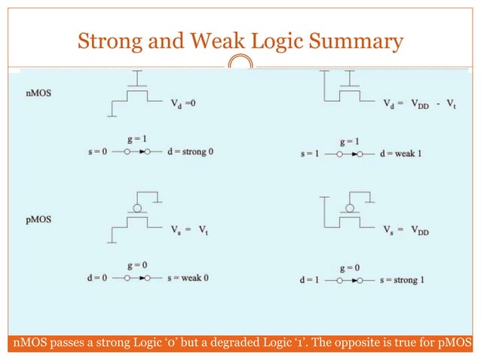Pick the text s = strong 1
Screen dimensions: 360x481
(401, 280)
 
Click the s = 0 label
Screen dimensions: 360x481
(96, 151)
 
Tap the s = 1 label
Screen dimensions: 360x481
(311, 154)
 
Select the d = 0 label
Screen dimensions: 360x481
(96, 279)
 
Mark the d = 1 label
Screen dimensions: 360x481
(311, 280)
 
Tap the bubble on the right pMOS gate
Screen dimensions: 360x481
(350, 208)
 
